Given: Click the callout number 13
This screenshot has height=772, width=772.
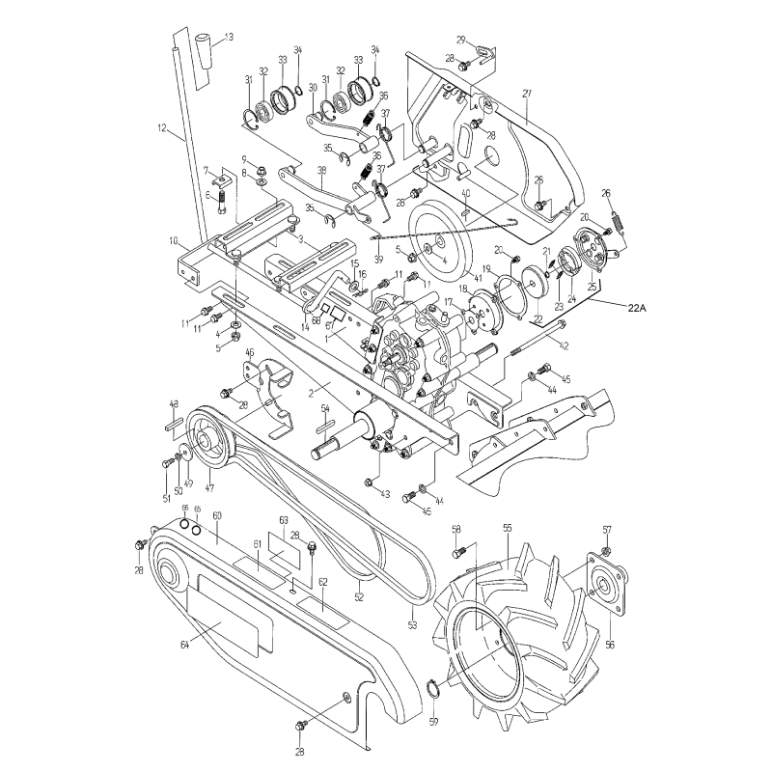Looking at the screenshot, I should click(x=228, y=37).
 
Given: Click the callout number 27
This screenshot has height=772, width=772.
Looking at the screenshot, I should click(x=527, y=94).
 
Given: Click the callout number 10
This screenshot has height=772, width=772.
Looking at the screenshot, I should click(x=174, y=241).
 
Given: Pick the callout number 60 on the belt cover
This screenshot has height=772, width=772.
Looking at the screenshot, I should click(x=217, y=517).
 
